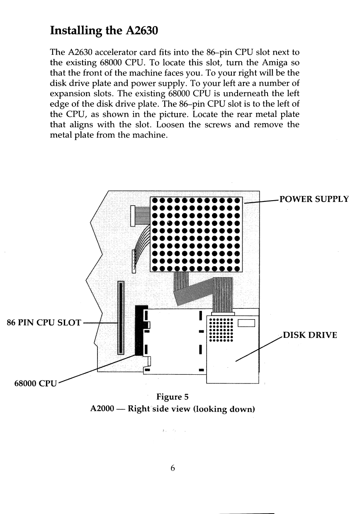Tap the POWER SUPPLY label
(314, 199)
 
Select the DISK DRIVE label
(310, 335)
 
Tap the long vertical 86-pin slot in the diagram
(121, 317)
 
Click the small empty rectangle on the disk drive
(247, 323)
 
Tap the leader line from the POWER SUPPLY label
(262, 201)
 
